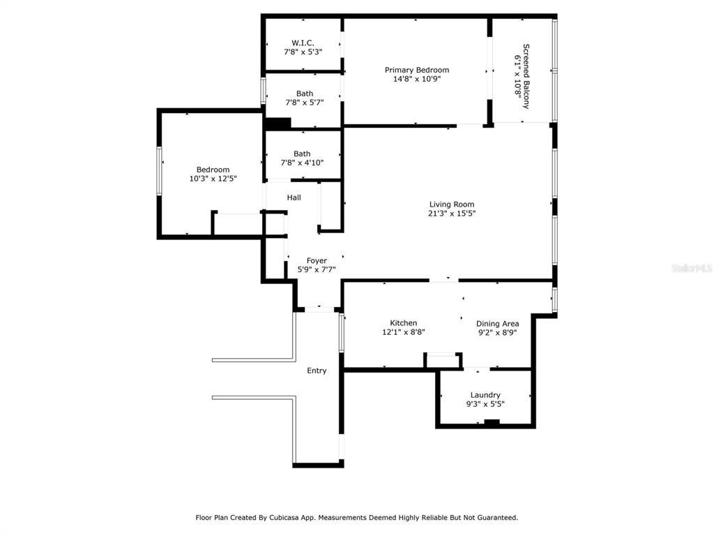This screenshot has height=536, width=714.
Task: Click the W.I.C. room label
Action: (x=303, y=43)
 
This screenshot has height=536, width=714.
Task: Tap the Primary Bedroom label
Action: (x=417, y=70)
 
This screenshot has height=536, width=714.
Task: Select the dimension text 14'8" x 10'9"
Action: (x=417, y=79)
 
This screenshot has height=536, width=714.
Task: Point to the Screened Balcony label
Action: (x=526, y=76)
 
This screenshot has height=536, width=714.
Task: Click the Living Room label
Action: (x=452, y=204)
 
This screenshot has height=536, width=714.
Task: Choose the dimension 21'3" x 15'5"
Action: (x=452, y=214)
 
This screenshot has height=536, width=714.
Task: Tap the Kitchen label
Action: (x=404, y=322)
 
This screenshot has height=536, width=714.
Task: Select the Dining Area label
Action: (x=497, y=324)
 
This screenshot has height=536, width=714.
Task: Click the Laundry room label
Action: (x=485, y=395)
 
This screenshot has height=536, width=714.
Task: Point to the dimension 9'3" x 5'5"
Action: (x=485, y=404)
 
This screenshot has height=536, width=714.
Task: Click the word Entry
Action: (x=317, y=371)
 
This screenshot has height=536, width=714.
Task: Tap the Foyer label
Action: (x=317, y=261)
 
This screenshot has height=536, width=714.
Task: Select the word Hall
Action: (x=294, y=198)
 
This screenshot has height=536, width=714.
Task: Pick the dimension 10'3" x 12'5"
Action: (x=213, y=179)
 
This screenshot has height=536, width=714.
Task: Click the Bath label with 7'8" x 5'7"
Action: (x=305, y=94)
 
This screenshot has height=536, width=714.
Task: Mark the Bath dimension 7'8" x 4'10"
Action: (x=302, y=163)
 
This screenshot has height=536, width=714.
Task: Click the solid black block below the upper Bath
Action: (x=278, y=123)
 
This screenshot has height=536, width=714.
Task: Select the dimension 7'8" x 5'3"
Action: (x=303, y=52)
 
